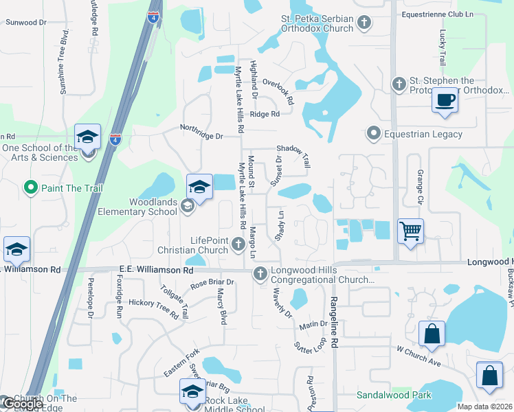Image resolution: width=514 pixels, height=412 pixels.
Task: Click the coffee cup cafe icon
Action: pyautogui.click(x=445, y=100)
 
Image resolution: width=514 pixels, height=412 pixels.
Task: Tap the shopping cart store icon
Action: pyautogui.click(x=410, y=231)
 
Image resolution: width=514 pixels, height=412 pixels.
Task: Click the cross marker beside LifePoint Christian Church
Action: pyautogui.click(x=238, y=244)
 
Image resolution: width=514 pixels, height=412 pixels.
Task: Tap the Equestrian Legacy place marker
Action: pyautogui.click(x=373, y=133)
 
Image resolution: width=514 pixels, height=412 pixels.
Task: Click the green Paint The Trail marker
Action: pyautogui.click(x=30, y=187)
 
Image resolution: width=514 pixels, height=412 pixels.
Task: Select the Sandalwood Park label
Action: pyautogui.click(x=394, y=395)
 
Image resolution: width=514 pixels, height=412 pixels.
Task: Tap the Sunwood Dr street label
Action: pyautogui.click(x=25, y=23)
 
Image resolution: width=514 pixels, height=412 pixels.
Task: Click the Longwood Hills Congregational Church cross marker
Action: pyautogui.click(x=260, y=275)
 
